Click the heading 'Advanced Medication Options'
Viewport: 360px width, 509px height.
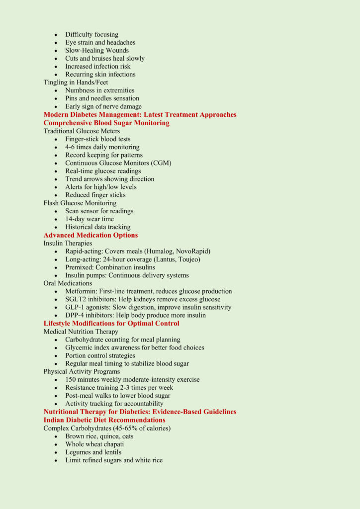(90, 235)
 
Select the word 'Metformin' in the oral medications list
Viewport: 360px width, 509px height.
(81, 291)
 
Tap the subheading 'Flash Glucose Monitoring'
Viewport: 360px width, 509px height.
(80, 203)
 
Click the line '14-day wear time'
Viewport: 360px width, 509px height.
(90, 219)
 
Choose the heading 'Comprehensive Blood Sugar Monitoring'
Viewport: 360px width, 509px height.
(106, 123)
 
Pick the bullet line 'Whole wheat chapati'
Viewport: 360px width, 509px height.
(94, 444)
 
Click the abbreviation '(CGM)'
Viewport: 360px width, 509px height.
(161, 163)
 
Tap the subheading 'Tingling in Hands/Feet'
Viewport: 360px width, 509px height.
(76, 83)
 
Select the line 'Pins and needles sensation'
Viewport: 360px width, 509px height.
(102, 98)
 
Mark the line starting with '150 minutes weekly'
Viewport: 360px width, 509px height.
(132, 380)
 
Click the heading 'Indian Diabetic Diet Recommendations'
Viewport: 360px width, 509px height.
(104, 420)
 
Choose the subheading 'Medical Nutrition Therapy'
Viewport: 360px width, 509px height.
(81, 332)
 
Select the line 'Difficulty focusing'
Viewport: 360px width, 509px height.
(91, 35)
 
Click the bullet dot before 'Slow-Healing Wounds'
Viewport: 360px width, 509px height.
(56, 51)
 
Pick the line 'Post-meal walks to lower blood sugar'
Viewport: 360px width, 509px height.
(117, 396)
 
